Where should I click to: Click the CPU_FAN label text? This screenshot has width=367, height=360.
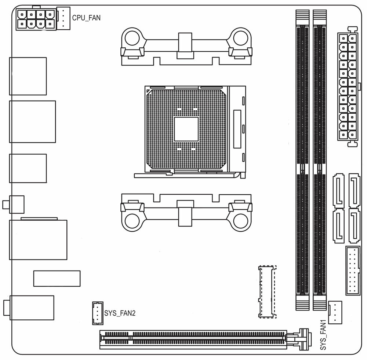86,17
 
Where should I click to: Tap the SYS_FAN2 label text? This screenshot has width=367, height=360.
120,313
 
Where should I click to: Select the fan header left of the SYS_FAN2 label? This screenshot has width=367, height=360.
97,313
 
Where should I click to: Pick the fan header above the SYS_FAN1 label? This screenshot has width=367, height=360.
335,312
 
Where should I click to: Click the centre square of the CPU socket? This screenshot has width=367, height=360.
186,129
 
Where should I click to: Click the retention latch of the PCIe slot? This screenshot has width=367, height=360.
303,338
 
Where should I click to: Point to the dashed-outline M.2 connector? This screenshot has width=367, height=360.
267,292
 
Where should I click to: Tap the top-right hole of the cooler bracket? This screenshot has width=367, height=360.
240,37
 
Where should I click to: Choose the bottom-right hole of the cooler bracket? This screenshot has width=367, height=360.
240,221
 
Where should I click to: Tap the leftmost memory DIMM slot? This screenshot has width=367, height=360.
303,159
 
